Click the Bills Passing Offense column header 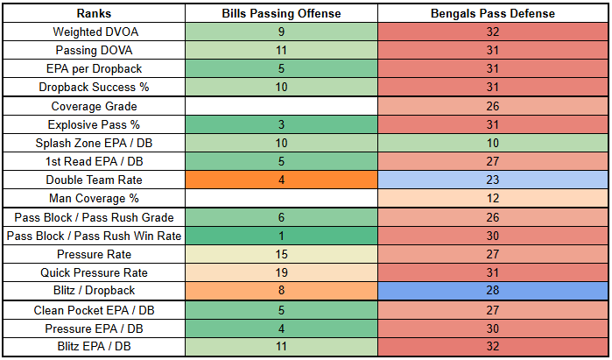tap(281, 14)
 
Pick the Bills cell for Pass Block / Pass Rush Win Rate tap(281, 236)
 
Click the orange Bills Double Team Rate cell tap(281, 180)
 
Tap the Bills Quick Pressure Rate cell tap(281, 272)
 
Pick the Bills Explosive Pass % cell tap(281, 124)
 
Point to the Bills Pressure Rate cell tap(281, 254)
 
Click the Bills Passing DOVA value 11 tap(281, 51)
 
